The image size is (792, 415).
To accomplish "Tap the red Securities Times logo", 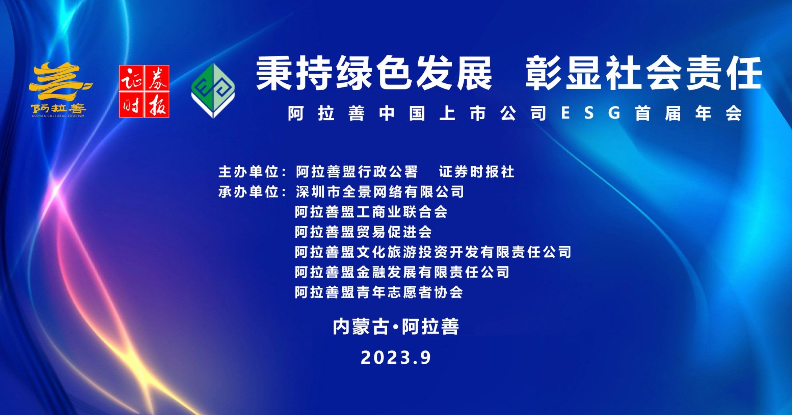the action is click(x=144, y=91).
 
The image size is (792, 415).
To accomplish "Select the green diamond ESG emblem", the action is click(x=213, y=91).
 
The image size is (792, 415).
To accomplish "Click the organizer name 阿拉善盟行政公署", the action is click(x=357, y=172).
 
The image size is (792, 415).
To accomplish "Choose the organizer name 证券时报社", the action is click(x=477, y=172).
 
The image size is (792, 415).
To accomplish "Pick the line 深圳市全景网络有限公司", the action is click(x=380, y=192).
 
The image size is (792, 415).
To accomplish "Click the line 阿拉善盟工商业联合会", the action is click(x=371, y=212).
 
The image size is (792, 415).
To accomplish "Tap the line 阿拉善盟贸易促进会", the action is click(x=364, y=232).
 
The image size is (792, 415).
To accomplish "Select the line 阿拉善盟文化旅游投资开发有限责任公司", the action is click(x=433, y=252).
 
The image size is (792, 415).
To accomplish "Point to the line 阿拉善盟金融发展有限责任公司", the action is click(x=402, y=272).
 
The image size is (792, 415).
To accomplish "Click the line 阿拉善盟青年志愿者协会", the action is click(x=379, y=292).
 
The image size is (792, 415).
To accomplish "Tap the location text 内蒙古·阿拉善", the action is click(x=396, y=326).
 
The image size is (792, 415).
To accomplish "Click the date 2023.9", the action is click(x=396, y=358).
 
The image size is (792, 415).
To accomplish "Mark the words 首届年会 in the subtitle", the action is click(x=688, y=113).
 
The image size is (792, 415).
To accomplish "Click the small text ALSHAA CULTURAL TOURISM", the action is click(x=58, y=116).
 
